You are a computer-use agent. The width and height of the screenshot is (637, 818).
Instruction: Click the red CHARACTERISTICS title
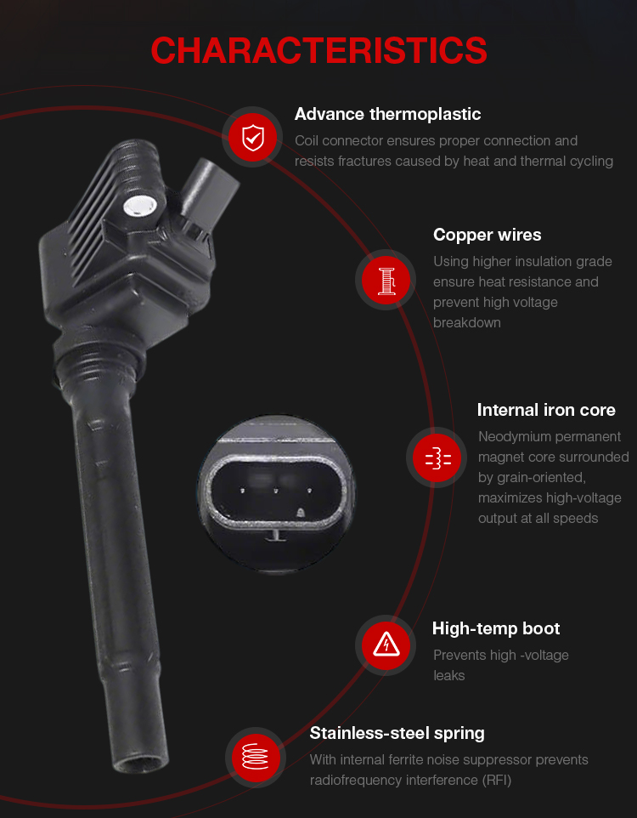coord(318,50)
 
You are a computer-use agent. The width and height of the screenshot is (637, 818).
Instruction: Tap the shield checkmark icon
coord(253,137)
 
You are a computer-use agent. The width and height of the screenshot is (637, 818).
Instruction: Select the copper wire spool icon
coord(386,280)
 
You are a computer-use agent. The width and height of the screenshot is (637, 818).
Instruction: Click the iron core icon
coord(437,458)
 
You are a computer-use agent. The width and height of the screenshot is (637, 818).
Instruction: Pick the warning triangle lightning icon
coord(386,645)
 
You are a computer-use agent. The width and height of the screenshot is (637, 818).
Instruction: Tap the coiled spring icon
coord(255,757)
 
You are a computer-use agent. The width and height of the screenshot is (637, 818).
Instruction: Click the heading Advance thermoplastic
coord(387,114)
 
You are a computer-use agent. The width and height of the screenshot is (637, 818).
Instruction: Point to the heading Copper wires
coord(487,235)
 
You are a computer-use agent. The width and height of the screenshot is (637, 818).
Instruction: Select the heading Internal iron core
coord(546,410)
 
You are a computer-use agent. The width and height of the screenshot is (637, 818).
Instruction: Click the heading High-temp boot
coord(496,628)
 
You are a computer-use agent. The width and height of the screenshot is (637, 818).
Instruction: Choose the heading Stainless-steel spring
coord(397,734)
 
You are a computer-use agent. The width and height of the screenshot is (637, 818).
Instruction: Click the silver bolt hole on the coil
coord(139,206)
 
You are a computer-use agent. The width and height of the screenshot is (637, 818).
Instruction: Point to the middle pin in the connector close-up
coord(276,491)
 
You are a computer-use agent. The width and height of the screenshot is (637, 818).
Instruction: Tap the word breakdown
coord(466,323)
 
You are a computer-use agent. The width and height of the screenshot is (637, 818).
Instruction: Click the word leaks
coord(448,676)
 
